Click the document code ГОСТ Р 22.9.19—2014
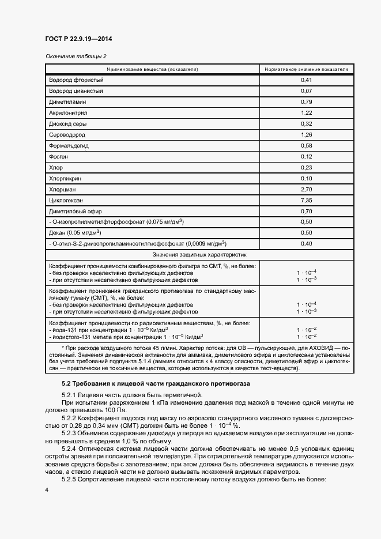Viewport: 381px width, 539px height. pos(78,39)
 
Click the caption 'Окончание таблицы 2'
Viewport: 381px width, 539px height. pos(76,56)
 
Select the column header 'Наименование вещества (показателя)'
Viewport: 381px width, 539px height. pos(152,69)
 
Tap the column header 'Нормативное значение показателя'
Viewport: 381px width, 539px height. pos(307,69)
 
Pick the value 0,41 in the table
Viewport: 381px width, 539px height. pos(307,80)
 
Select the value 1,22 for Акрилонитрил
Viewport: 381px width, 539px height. pos(307,113)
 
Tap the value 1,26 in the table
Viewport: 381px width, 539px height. pos(307,135)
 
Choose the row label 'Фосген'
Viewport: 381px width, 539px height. pos(59,157)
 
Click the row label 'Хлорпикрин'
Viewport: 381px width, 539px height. pos(65,178)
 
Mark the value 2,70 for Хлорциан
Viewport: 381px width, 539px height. pos(307,189)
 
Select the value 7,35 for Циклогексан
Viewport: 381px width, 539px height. pos(307,200)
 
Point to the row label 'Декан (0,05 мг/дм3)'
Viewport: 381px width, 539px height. pos(76,233)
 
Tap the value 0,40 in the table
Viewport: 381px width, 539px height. pos(307,244)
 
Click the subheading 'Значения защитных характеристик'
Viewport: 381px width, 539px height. pos(199,254)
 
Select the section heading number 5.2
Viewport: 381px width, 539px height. pos(66,384)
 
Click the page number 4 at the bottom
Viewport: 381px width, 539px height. pos(47,490)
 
